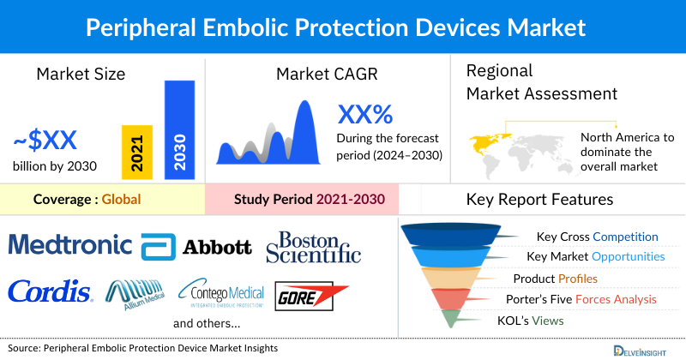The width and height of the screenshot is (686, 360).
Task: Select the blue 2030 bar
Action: [x=179, y=130]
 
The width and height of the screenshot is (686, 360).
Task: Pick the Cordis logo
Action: [x=50, y=291]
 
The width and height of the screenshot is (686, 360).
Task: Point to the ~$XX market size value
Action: [x=51, y=140]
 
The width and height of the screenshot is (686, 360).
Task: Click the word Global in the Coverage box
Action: [x=121, y=200]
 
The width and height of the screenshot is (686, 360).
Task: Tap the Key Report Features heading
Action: [x=539, y=200]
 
